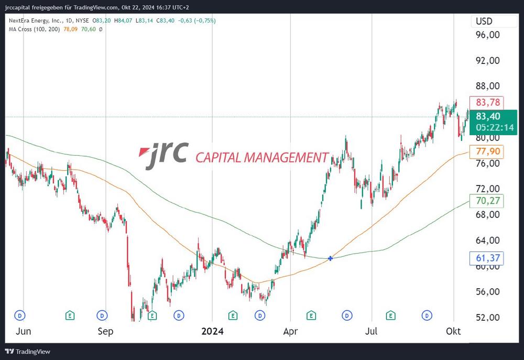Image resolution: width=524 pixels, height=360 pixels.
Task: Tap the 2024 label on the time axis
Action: [x=212, y=331]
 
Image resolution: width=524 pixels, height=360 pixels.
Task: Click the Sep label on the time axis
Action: [x=105, y=331]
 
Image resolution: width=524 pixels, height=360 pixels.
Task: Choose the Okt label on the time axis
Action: [x=453, y=331]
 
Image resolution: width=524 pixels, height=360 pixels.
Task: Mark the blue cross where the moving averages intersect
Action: [x=330, y=258]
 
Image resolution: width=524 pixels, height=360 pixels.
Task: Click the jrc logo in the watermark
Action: [x=163, y=154]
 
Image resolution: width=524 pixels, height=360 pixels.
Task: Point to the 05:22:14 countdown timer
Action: [x=495, y=127]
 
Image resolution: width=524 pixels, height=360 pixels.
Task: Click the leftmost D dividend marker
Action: [x=20, y=315]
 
